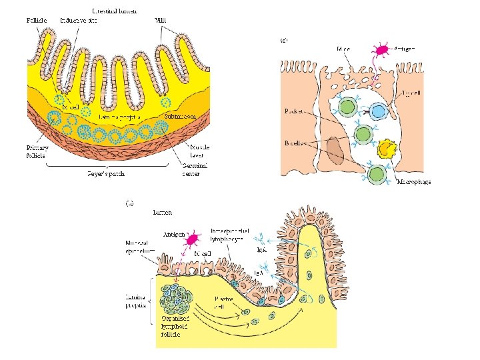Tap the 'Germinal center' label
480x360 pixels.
pyautogui.click(x=195, y=169)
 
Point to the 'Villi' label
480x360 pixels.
pyautogui.click(x=161, y=20)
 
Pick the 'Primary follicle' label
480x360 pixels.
pyautogui.click(x=37, y=151)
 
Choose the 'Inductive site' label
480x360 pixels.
pyautogui.click(x=78, y=20)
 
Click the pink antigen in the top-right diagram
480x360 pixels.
pyautogui.click(x=382, y=50)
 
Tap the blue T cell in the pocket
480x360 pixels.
pyautogui.click(x=379, y=111)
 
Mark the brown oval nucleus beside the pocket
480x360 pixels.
pyautogui.click(x=336, y=150)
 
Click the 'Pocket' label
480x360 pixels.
pyautogui.click(x=294, y=111)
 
